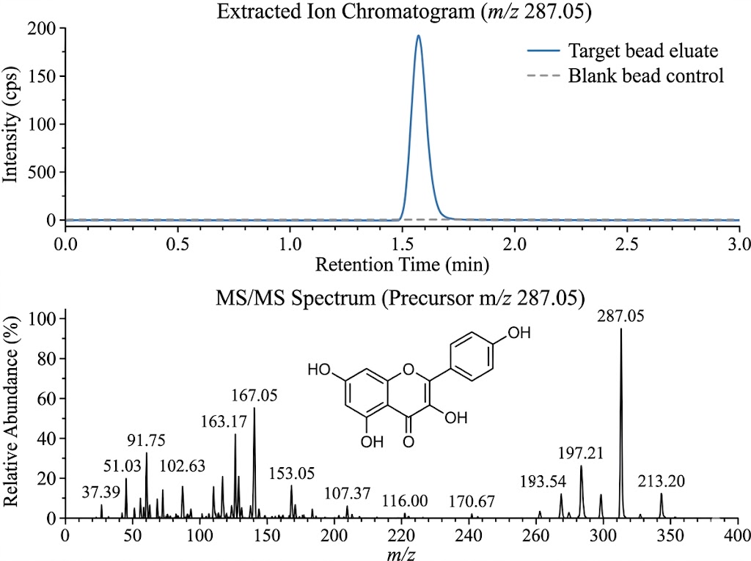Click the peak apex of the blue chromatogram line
point(418,35)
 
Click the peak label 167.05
point(254,396)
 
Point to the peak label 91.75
point(145,441)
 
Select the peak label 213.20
point(662,480)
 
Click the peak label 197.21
point(581,453)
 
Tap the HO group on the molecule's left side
point(319,370)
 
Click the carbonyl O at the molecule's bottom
point(409,441)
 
